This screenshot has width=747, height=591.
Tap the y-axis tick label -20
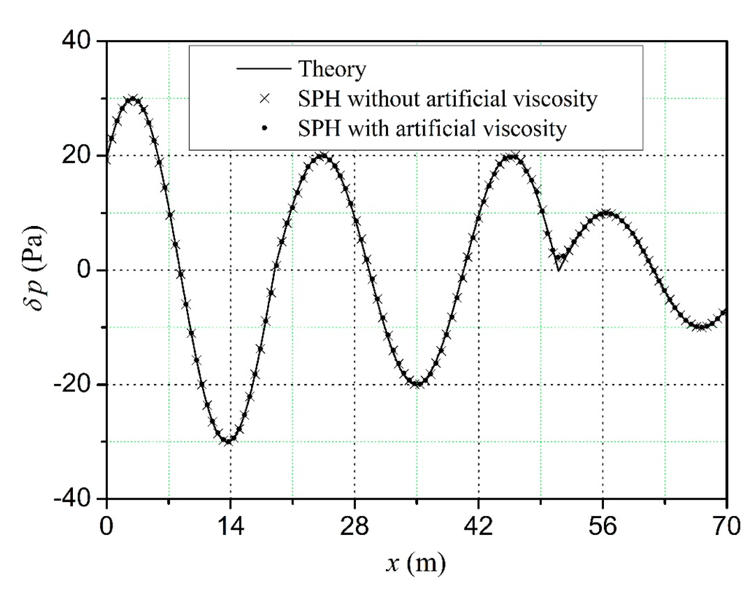71,385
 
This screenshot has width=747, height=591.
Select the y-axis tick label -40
71,499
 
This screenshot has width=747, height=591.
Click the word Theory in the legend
332,71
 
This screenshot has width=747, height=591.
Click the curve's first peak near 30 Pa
132,98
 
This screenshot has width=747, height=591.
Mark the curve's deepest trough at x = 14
229,442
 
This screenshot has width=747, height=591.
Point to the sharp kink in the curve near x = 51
558,270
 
